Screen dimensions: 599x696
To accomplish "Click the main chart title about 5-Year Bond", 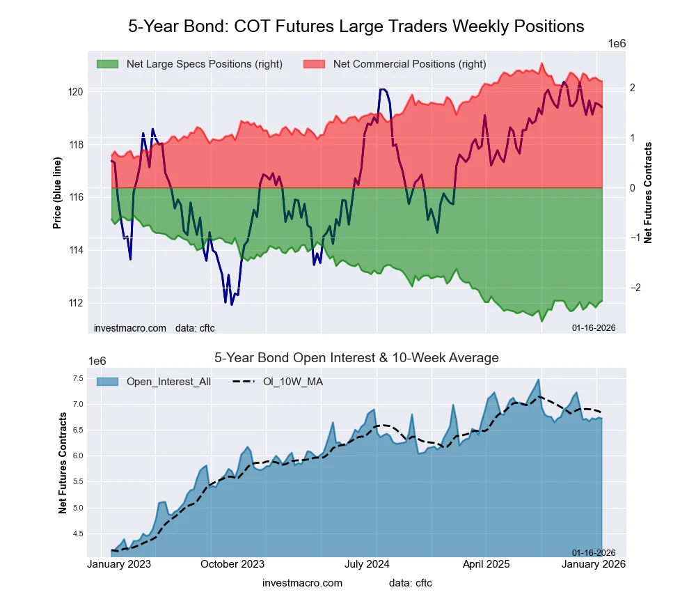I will coord(356,26).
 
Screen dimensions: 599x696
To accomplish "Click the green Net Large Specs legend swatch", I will coord(106,64).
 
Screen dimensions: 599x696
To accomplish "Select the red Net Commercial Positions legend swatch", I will coord(314,64).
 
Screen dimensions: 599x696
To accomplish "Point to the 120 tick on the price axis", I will coord(76,92).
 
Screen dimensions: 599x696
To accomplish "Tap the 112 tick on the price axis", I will coord(76,303).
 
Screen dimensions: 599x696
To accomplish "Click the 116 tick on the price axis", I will coord(76,197).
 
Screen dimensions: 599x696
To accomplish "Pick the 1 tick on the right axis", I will coord(632,138).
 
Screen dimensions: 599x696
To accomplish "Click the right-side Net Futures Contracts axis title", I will coord(649,193).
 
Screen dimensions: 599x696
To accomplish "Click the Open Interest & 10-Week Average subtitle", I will coord(356,358).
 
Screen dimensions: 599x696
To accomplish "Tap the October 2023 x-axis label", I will coord(232,564).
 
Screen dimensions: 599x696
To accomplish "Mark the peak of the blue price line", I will coord(382,89).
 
